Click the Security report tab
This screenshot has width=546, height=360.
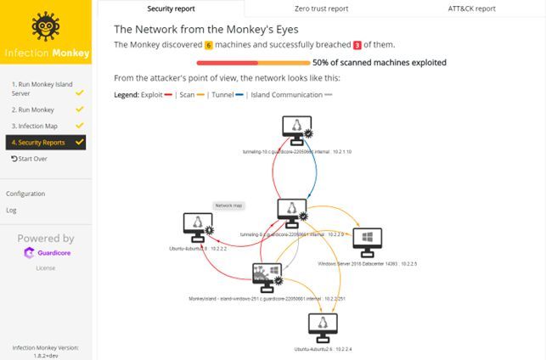pyautogui.click(x=171, y=8)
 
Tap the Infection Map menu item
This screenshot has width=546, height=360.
pyautogui.click(x=35, y=126)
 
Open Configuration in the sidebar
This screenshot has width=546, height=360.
pyautogui.click(x=25, y=194)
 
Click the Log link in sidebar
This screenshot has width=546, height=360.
pyautogui.click(x=11, y=210)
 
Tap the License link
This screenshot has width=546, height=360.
pyautogui.click(x=45, y=267)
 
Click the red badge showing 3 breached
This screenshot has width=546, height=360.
pyautogui.click(x=357, y=44)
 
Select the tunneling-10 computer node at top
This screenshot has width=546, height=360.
pyautogui.click(x=296, y=129)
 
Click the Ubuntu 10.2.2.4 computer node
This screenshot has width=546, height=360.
pyautogui.click(x=323, y=325)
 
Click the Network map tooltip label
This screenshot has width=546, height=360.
pyautogui.click(x=228, y=205)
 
